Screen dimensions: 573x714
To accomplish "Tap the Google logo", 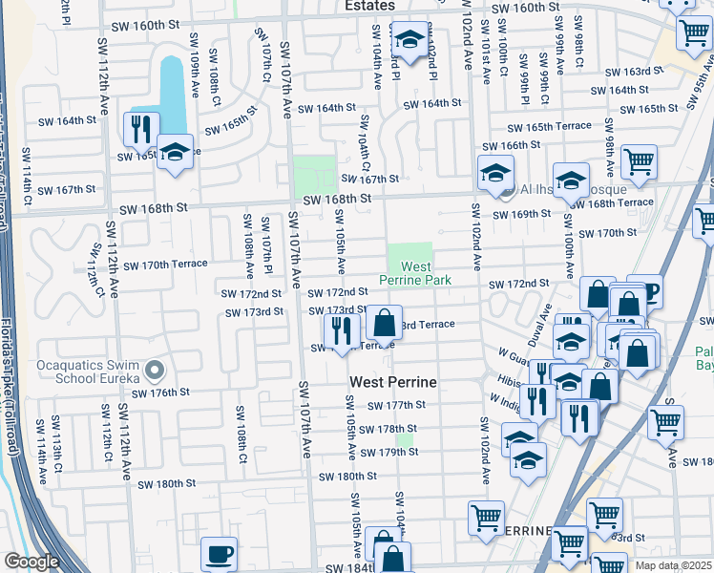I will pos(31,562).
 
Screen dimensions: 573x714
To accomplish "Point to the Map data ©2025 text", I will pos(673,566).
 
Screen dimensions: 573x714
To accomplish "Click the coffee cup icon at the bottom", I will pos(220,553).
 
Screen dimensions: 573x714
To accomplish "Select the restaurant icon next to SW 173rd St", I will pos(341,329).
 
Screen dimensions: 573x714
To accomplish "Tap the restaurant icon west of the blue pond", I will pos(141,128).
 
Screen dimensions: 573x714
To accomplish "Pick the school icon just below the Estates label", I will pos(409,40).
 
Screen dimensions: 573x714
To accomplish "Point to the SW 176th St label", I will pos(160,393).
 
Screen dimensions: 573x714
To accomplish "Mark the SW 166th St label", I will pos(512,145).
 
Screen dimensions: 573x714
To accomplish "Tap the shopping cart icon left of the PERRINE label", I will pos(486,517).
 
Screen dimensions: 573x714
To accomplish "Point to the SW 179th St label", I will pos(391,452).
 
